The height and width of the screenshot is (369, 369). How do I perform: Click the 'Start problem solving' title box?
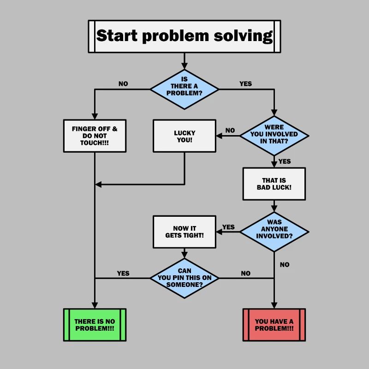184,36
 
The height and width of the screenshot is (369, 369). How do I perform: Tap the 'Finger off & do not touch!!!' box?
95,136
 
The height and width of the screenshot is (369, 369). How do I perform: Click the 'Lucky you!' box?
184,136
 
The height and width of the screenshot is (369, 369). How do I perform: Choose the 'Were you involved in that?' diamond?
274,136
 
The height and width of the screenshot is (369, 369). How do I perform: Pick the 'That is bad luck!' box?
274,184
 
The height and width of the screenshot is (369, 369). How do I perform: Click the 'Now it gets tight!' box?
184,232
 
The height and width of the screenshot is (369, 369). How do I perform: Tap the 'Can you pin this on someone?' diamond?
184,278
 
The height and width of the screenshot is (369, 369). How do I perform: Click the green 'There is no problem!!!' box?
95,325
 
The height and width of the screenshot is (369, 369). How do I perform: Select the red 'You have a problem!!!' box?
274,325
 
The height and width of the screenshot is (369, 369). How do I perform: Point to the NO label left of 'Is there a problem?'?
123,84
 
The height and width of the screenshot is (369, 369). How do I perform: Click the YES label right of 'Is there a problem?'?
245,84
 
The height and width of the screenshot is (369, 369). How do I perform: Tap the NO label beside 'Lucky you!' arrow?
230,131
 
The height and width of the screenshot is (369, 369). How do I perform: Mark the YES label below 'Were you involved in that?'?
285,161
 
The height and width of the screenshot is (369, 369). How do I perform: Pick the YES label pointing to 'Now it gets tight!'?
228,227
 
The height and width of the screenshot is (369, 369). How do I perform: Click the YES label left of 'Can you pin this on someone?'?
123,273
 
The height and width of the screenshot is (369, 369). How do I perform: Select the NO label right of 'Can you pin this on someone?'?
246,273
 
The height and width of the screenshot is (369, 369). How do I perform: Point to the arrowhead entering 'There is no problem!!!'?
95,305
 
